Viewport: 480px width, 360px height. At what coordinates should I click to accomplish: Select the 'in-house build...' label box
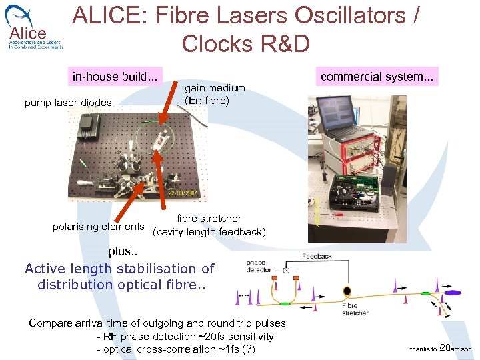(115, 77)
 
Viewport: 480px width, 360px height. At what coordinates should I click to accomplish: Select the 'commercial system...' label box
(377, 77)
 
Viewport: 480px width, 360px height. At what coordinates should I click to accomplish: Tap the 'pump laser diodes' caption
(68, 103)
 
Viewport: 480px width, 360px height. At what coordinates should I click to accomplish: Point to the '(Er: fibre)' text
(207, 101)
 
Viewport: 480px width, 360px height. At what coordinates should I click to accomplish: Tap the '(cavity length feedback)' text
(209, 232)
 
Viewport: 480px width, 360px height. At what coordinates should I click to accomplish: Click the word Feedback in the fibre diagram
(317, 256)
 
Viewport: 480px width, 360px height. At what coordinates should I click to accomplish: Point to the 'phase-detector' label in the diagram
(259, 266)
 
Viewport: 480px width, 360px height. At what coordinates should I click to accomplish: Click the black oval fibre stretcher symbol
(347, 291)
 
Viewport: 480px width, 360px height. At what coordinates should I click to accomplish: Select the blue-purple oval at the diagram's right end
(453, 292)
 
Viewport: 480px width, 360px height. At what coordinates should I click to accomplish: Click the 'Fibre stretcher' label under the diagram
(355, 309)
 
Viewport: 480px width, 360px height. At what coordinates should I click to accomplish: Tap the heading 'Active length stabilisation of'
(119, 269)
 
